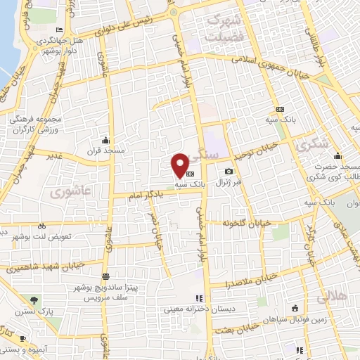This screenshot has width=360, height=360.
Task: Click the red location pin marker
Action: click(x=181, y=165)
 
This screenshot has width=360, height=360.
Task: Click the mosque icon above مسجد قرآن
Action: click(x=105, y=139)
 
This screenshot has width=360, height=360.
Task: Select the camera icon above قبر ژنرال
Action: click(x=229, y=172)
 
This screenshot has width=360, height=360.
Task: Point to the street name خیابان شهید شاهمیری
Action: click(x=46, y=266)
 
